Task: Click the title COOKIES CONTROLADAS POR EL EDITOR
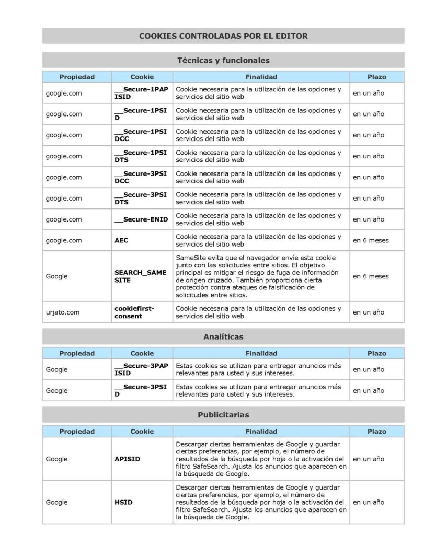tap(223, 36)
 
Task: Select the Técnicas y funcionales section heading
tap(223, 60)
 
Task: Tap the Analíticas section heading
tap(223, 337)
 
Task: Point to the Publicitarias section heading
tap(223, 415)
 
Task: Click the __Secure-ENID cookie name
tap(141, 219)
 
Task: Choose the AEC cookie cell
tap(121, 240)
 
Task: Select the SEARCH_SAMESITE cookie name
tap(140, 276)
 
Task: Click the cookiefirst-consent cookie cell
tap(134, 312)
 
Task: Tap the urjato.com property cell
tap(63, 312)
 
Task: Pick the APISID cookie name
tap(127, 459)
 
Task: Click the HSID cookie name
tap(123, 502)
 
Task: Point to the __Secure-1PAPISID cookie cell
tap(141, 93)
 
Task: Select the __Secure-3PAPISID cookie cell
tap(141, 369)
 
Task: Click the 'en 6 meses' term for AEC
tap(371, 240)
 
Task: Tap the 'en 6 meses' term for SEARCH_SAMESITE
tap(371, 276)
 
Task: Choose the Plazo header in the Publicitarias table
tap(376, 432)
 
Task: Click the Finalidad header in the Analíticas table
tap(261, 353)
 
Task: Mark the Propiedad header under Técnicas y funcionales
tap(77, 77)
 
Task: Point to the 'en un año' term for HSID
tap(368, 502)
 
